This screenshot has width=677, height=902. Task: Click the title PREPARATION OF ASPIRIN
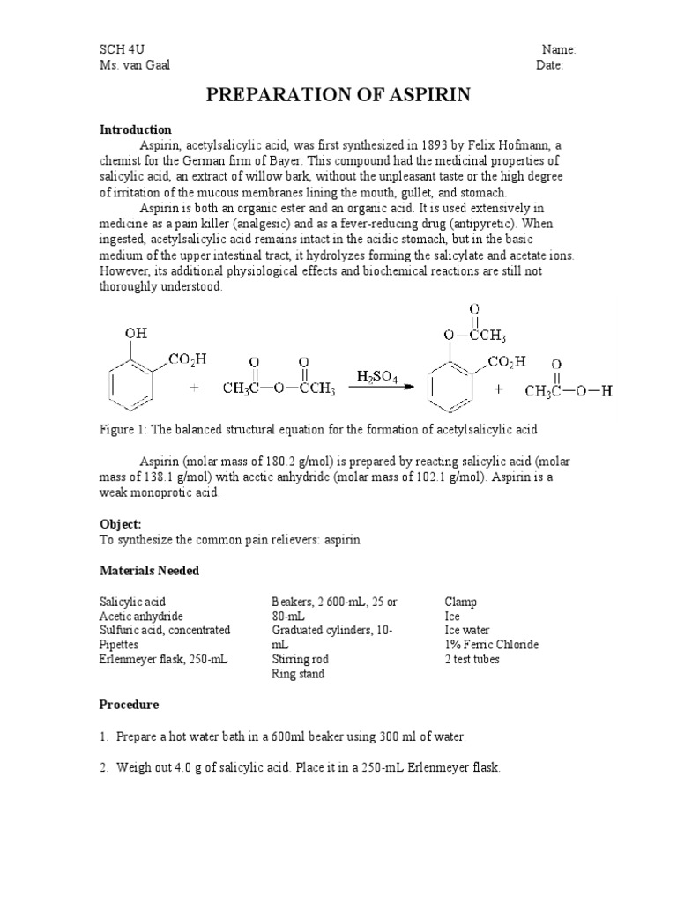coord(338,96)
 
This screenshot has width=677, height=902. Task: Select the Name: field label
coord(558,49)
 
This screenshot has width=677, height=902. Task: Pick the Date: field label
coord(550,64)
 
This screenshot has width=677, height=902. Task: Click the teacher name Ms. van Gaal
coord(134,64)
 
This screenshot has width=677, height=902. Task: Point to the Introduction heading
coord(135,129)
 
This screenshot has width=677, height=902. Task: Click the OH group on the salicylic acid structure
coord(136,333)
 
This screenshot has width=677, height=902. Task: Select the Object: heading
coord(121,523)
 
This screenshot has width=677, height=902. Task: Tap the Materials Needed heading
coord(149,571)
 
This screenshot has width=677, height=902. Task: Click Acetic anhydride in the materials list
coord(141,616)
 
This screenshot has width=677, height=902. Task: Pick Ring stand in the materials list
coord(298,674)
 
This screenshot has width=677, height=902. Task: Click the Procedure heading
coord(129,705)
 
